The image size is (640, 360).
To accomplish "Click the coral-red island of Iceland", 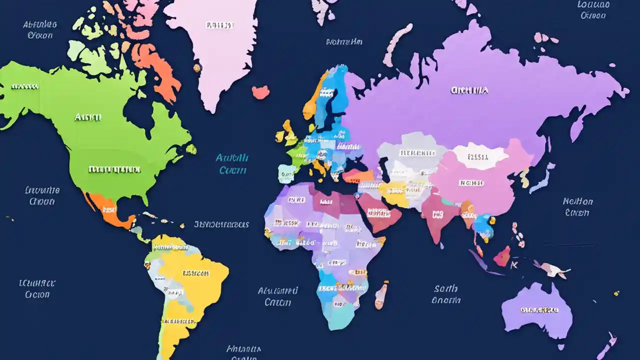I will [260, 91].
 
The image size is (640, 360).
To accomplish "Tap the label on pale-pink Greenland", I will [219, 25].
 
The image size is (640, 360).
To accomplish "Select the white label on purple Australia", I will [539, 310].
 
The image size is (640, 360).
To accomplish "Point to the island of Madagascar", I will [381, 294].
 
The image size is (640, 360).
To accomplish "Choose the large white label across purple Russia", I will [469, 90].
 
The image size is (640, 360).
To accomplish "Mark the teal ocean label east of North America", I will [232, 164].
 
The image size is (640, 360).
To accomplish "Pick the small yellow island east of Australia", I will [616, 293].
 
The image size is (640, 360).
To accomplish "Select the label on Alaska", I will [24, 86].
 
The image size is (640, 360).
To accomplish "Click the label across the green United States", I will [114, 169].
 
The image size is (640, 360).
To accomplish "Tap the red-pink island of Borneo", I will [502, 256].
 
